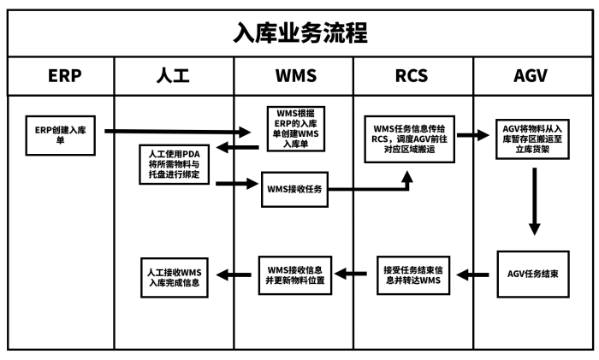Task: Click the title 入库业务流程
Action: click(x=299, y=32)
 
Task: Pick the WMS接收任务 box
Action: click(x=295, y=189)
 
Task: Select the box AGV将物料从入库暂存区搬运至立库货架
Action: click(x=534, y=135)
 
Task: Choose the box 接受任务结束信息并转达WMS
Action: click(x=412, y=274)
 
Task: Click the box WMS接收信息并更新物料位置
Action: click(x=295, y=274)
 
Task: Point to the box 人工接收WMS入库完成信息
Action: click(x=175, y=274)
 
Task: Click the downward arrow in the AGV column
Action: click(x=534, y=201)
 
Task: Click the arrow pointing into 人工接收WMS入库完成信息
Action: click(x=235, y=274)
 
